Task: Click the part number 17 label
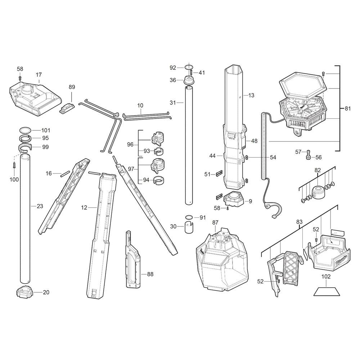click(39, 75)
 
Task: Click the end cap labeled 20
click(24, 292)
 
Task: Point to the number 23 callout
click(40, 206)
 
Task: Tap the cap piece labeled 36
click(189, 81)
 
